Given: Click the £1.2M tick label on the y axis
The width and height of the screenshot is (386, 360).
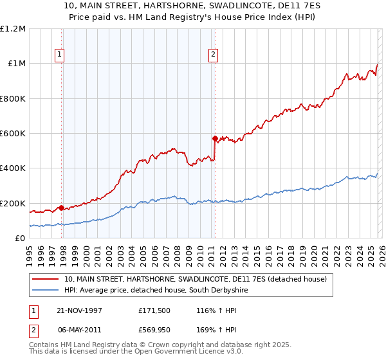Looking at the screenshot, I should (x=13, y=29).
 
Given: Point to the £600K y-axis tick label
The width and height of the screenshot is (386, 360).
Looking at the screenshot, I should (x=13, y=134).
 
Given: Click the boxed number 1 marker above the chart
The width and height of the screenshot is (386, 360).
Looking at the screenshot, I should (x=59, y=55).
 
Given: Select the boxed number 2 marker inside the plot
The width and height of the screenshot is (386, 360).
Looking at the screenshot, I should (x=212, y=55).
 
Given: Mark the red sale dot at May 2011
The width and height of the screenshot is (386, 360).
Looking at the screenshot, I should (x=215, y=138).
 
